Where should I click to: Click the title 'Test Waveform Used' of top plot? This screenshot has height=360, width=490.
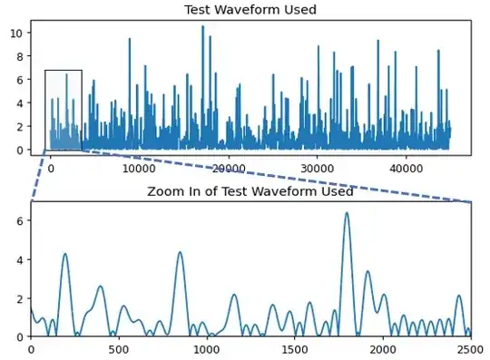250,10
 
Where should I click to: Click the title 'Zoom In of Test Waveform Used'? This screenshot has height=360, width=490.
250,191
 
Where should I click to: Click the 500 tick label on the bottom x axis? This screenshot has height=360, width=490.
119,348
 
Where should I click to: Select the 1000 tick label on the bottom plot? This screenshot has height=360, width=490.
207,348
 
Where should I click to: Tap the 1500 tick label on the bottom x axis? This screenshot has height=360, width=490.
295,348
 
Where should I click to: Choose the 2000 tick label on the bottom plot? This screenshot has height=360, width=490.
383,348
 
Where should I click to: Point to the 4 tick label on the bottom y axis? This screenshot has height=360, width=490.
20,259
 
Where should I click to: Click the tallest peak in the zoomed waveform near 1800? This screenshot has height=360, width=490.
347,213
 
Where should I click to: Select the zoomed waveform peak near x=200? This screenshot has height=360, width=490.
65,254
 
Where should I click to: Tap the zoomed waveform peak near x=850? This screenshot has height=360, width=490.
180,252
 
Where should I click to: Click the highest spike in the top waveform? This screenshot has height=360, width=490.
202,26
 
